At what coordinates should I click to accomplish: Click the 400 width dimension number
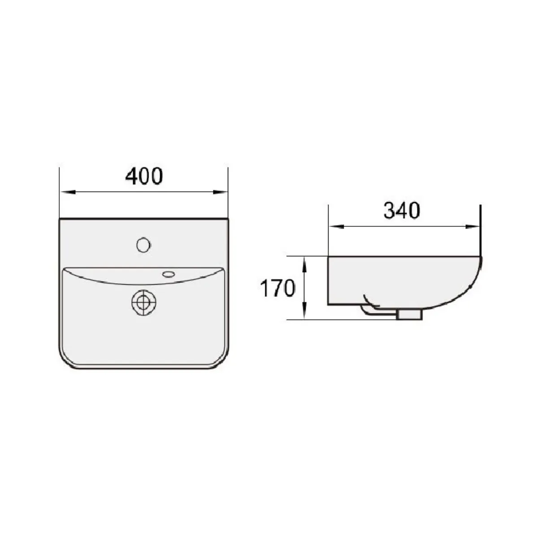pyautogui.click(x=144, y=176)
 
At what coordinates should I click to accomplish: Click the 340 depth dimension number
pyautogui.click(x=402, y=211)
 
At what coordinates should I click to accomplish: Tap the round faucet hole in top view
pyautogui.click(x=143, y=244)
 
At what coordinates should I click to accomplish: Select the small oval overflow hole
pyautogui.click(x=169, y=273)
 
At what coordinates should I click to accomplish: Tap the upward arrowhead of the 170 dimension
pyautogui.click(x=304, y=262)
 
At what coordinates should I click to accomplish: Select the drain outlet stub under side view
pyautogui.click(x=410, y=315)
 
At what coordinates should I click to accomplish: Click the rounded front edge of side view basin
pyautogui.click(x=475, y=280)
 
